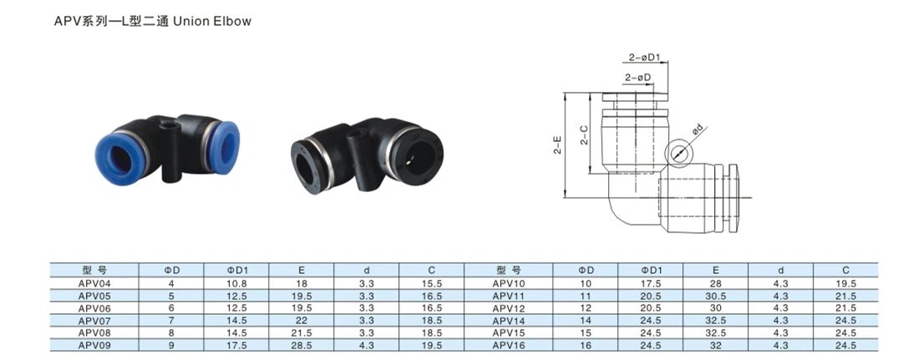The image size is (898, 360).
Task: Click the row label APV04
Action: click(x=94, y=283)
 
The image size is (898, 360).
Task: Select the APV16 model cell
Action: click(x=507, y=342)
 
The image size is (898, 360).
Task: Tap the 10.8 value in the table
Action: click(x=238, y=283)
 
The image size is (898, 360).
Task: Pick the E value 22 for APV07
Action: click(x=301, y=319)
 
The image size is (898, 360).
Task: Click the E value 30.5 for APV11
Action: click(x=716, y=295)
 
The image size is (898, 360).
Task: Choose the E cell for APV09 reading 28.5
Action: click(x=301, y=342)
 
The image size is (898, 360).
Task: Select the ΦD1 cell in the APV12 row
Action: click(x=651, y=307)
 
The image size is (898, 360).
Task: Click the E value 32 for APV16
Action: click(x=716, y=342)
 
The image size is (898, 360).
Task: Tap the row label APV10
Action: click(x=507, y=283)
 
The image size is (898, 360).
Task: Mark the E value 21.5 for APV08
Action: click(x=301, y=331)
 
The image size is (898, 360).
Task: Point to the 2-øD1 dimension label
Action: click(x=645, y=58)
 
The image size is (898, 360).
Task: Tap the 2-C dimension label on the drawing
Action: click(x=585, y=134)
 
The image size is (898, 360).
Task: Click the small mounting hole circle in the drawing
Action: click(x=679, y=152)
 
